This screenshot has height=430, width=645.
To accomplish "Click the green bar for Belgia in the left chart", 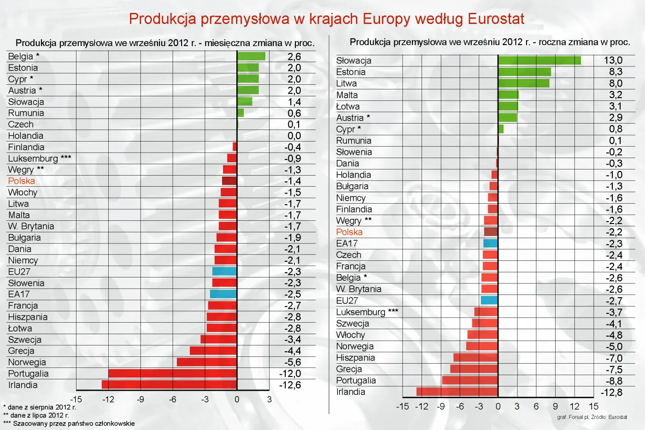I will [251, 56].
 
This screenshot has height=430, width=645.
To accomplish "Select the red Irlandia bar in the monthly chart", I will [169, 384].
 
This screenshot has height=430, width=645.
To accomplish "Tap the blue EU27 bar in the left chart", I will [224, 271].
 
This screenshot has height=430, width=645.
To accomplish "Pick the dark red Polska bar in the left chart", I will [229, 181].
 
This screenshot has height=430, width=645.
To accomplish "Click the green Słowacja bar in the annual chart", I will [539, 60].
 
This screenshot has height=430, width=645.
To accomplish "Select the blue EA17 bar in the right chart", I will [490, 243].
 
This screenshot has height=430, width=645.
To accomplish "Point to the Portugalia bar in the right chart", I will [469, 380].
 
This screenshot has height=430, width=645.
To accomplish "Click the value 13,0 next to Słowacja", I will [613, 60].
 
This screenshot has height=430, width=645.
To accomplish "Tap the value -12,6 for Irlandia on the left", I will [290, 385].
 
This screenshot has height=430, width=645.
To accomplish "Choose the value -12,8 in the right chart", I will [611, 392].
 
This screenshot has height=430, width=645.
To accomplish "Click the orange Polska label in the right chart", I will [349, 232].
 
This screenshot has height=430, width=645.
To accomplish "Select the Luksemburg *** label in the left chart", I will [40, 159].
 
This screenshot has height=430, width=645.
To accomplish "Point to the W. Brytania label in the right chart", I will [359, 289].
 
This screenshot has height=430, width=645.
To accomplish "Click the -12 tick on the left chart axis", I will [108, 399].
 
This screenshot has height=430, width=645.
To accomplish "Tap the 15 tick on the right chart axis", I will [593, 406].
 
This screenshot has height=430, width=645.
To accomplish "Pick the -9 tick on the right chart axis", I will [441, 406].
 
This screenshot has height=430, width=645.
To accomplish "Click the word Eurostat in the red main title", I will [496, 19].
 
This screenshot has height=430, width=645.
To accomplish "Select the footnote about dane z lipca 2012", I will [36, 415].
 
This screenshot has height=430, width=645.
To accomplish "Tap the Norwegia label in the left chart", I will [27, 362].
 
